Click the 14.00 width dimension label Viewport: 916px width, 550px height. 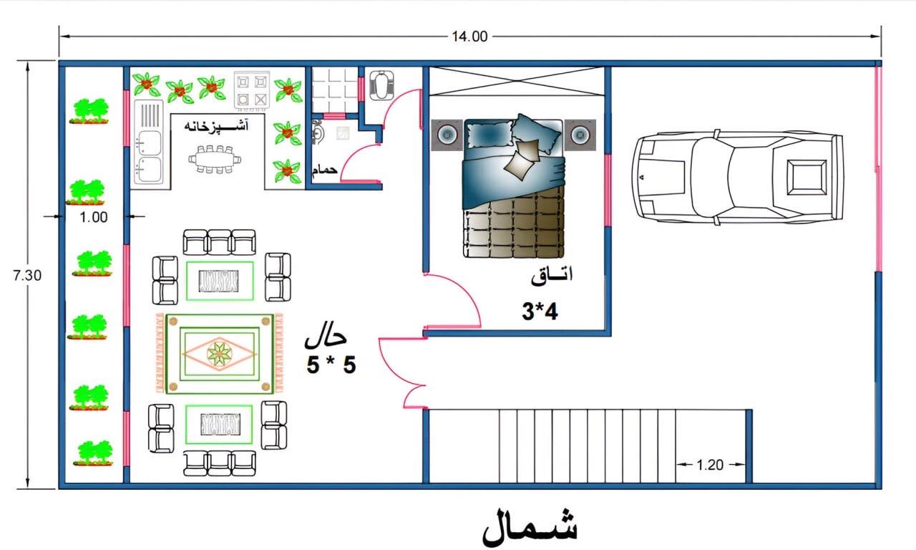[469, 37]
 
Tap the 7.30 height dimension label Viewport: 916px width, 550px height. [27, 276]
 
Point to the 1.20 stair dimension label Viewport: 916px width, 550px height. [710, 465]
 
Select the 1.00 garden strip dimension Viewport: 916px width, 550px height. [94, 217]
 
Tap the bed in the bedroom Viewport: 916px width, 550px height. [514, 186]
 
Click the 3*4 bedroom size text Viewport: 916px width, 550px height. [540, 312]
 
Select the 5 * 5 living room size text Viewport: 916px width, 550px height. [331, 365]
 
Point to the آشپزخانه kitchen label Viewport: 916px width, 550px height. [216, 125]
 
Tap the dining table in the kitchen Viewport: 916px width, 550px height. [215, 159]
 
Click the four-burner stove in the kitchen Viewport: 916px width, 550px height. [251, 91]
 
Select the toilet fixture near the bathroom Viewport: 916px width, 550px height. [381, 85]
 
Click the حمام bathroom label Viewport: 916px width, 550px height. [325, 169]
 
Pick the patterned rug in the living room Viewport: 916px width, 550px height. [220, 354]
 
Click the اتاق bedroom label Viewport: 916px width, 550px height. [552, 276]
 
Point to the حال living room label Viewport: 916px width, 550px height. [326, 339]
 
